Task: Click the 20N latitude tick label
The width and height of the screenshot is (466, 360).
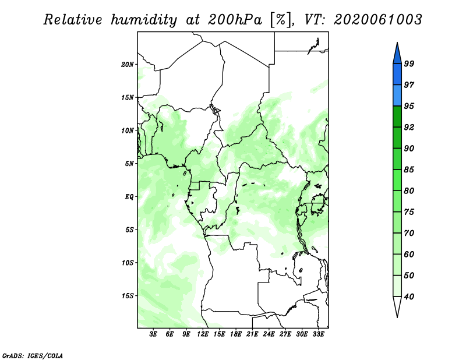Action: [x=128, y=65]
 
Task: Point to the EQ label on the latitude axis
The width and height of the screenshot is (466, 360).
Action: [x=129, y=197]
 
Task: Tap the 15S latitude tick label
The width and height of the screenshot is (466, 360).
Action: [x=128, y=296]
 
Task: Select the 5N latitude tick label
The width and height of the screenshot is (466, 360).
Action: [x=129, y=164]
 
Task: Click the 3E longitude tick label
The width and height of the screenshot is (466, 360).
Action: [x=153, y=334]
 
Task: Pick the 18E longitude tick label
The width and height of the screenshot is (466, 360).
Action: [x=236, y=334]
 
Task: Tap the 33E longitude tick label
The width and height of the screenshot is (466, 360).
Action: [x=318, y=334]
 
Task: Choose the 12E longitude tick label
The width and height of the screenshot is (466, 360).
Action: [x=203, y=334]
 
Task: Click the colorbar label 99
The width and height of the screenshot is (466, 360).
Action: [x=409, y=63]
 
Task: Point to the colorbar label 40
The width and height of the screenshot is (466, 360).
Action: [x=409, y=297]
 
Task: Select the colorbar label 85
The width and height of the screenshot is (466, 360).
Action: [x=409, y=170]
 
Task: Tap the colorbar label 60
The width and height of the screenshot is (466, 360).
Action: [x=409, y=254]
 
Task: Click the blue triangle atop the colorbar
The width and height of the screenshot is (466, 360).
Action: [x=397, y=55]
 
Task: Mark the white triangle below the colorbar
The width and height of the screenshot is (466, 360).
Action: [x=397, y=305]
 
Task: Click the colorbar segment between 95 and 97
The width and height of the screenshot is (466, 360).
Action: [x=397, y=96]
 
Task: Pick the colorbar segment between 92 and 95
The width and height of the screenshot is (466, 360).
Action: [x=397, y=117]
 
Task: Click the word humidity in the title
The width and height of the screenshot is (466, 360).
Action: [x=144, y=20]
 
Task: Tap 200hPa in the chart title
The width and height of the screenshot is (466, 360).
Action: [x=235, y=20]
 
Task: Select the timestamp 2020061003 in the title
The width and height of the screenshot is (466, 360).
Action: [x=377, y=20]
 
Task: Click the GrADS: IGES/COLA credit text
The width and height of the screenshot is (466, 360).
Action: [x=33, y=355]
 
